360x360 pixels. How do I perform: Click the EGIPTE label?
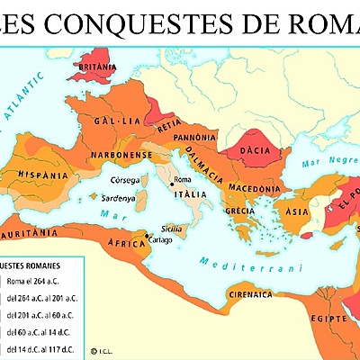(328, 318)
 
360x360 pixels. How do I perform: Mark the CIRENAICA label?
(252, 293)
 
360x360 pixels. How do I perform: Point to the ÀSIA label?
(296, 212)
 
